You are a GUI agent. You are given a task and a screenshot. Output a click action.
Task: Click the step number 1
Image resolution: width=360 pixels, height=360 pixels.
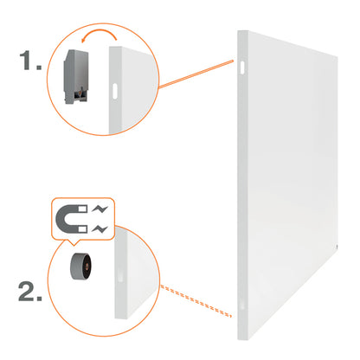point(30,61)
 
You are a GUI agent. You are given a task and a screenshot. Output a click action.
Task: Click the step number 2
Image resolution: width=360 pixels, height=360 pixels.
point(30,292)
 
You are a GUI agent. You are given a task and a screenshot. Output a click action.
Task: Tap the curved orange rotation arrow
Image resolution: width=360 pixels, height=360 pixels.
point(99,34)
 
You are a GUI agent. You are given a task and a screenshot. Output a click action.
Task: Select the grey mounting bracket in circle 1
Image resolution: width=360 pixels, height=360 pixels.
point(76,77)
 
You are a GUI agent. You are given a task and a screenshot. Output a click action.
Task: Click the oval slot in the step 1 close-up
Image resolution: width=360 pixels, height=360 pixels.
point(115,91)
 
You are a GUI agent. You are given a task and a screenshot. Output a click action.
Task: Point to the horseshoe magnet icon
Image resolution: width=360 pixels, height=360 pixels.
point(71,219)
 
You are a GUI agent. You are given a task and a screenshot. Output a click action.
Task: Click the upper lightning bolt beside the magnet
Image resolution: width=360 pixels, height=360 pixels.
point(100,209)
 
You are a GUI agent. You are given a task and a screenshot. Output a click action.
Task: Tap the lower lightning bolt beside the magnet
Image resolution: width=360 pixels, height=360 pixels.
point(100,229)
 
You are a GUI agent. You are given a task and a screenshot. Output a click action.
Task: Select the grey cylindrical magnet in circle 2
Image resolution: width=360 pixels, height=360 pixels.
point(80,267)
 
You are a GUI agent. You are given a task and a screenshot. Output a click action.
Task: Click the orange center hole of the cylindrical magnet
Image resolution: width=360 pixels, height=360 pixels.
point(87,267)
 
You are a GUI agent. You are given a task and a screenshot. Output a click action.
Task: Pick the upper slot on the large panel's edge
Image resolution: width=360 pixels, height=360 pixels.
point(242,67)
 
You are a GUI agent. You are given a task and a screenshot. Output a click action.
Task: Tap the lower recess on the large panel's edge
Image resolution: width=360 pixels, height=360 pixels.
point(241,305)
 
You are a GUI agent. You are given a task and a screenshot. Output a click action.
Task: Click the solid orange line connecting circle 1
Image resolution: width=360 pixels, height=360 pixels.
point(196,74)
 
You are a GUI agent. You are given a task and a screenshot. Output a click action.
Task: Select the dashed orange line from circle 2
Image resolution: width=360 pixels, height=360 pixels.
point(196,300)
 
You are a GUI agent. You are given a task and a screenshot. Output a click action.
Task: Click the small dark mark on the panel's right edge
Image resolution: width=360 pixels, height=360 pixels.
point(337,247)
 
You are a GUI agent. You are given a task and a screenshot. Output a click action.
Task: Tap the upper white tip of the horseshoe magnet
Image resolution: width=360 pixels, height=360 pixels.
point(82,209)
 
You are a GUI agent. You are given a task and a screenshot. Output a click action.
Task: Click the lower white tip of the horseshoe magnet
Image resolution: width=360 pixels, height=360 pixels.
point(82,229)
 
